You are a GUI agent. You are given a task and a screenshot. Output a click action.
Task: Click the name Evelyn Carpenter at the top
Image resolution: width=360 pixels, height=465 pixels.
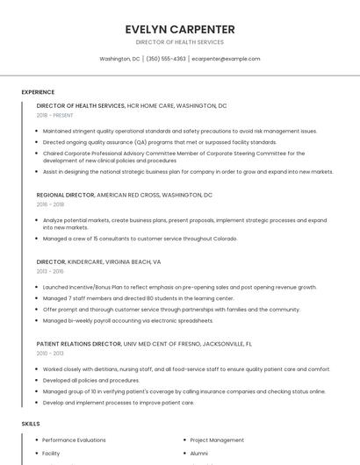(x=179, y=28)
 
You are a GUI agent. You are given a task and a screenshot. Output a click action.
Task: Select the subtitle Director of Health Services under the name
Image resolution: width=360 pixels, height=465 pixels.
(x=179, y=42)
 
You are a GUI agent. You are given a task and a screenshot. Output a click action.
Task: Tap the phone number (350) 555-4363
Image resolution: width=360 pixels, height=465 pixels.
(x=166, y=59)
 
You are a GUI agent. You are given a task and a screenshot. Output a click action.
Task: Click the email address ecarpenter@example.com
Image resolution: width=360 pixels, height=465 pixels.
(x=227, y=59)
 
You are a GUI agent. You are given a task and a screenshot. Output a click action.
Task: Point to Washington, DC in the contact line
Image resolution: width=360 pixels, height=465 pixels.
(x=119, y=59)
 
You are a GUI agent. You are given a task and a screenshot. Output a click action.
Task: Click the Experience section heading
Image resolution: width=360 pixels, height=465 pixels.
(x=38, y=91)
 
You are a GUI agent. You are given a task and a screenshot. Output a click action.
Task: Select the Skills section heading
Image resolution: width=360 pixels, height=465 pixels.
(x=31, y=424)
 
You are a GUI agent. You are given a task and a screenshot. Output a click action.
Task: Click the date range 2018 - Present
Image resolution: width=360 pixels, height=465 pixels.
(x=54, y=115)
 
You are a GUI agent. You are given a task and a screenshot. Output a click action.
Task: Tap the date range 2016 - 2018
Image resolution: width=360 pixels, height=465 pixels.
(x=50, y=204)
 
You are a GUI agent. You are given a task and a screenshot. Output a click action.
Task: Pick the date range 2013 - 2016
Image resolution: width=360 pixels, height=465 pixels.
(x=50, y=271)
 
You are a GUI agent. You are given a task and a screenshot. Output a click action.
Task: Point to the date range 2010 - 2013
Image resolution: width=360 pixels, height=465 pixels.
(x=50, y=354)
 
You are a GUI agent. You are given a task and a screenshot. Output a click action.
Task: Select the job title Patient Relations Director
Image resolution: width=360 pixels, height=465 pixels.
(x=79, y=344)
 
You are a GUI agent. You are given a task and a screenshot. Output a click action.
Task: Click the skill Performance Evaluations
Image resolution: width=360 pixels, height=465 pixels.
(x=74, y=440)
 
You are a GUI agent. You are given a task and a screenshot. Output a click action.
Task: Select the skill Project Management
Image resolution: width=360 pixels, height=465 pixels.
(x=217, y=440)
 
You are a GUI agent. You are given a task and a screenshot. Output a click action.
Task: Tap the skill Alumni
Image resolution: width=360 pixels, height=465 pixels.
(x=199, y=454)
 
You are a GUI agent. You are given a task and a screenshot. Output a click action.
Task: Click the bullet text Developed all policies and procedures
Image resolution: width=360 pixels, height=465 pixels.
(x=91, y=381)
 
